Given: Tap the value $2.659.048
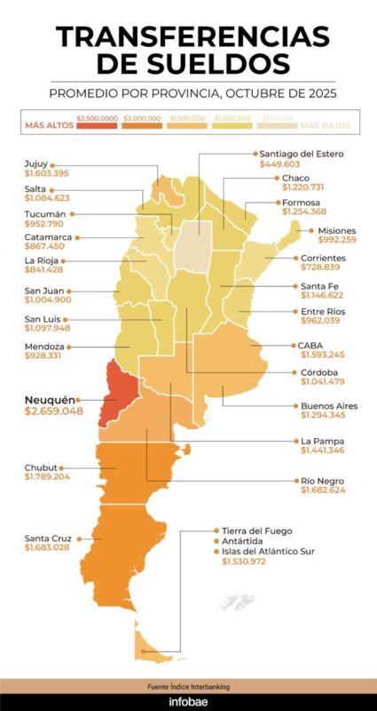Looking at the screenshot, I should (54, 412).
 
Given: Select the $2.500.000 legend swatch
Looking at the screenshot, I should (97, 125).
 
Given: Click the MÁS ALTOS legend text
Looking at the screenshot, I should (48, 125).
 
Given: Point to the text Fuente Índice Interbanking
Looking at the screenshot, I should (188, 687).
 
